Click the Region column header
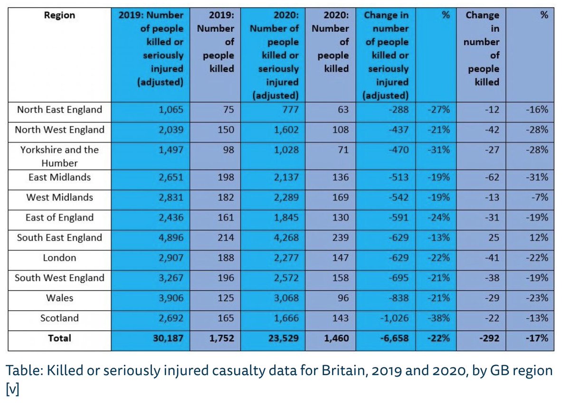[x=59, y=15]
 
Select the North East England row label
[x=59, y=110]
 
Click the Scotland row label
[x=59, y=318]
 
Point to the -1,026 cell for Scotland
[x=392, y=318]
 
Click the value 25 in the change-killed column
[x=494, y=238]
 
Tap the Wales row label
[x=59, y=298]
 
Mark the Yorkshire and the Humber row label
[x=59, y=156]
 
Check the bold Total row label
[x=59, y=339]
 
